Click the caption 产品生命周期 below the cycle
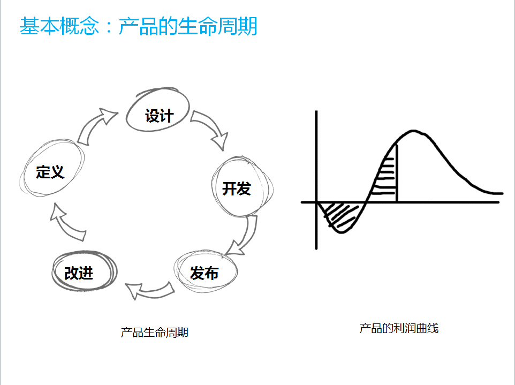(x=154, y=333)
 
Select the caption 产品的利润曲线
(x=399, y=328)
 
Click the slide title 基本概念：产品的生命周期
(x=138, y=26)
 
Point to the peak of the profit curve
(x=413, y=131)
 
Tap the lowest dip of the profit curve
(x=341, y=232)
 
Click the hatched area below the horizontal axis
(x=340, y=214)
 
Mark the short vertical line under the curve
(x=397, y=173)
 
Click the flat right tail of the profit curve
(x=493, y=193)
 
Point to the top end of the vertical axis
(x=316, y=111)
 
